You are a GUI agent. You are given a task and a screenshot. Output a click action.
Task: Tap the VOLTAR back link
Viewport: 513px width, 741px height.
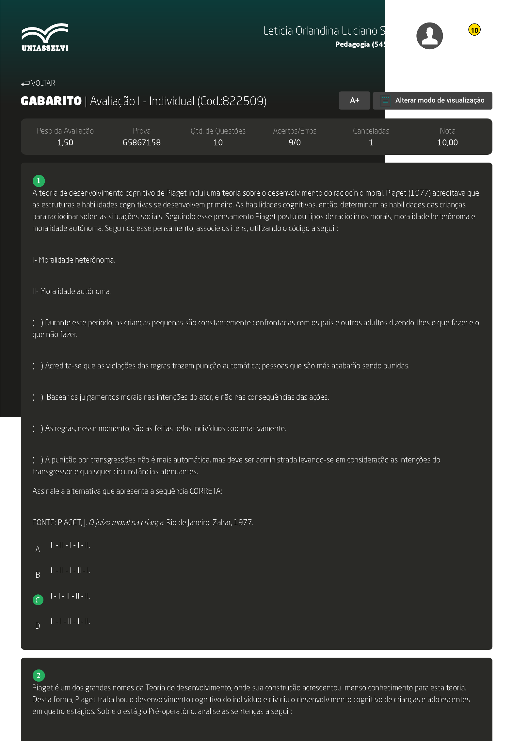(x=38, y=83)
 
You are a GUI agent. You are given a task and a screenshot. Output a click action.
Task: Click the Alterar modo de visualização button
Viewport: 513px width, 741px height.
(x=432, y=101)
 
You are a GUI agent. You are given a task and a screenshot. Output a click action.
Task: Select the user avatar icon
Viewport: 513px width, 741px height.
(x=429, y=36)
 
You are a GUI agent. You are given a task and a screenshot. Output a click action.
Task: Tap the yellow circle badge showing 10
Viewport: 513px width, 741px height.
(x=474, y=30)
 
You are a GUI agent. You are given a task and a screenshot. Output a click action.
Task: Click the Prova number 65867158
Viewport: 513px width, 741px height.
(x=141, y=143)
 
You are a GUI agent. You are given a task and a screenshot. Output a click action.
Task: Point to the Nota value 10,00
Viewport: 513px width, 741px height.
(x=447, y=143)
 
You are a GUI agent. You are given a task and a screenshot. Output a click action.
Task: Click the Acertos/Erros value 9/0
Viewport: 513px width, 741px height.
(x=294, y=143)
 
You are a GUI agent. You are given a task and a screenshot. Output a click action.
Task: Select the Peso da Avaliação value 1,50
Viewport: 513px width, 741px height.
(x=65, y=143)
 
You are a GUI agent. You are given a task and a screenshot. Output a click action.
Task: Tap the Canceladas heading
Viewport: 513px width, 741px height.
(x=371, y=131)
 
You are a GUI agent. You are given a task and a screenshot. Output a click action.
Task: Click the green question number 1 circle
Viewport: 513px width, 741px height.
(x=39, y=181)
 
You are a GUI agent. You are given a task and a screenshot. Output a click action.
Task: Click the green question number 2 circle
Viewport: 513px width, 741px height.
(x=39, y=675)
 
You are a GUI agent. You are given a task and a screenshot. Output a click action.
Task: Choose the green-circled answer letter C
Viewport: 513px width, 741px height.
(x=38, y=600)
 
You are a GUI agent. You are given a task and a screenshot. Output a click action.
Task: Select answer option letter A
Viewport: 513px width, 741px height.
(x=38, y=550)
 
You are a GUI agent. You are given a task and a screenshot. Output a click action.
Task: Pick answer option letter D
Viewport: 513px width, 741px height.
(x=38, y=626)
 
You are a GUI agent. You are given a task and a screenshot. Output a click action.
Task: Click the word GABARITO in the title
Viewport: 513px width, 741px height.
(x=51, y=101)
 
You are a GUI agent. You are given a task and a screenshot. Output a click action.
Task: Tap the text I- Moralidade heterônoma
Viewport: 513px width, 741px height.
(x=74, y=260)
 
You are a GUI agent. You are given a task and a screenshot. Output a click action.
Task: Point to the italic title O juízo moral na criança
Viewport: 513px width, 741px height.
(x=126, y=523)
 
